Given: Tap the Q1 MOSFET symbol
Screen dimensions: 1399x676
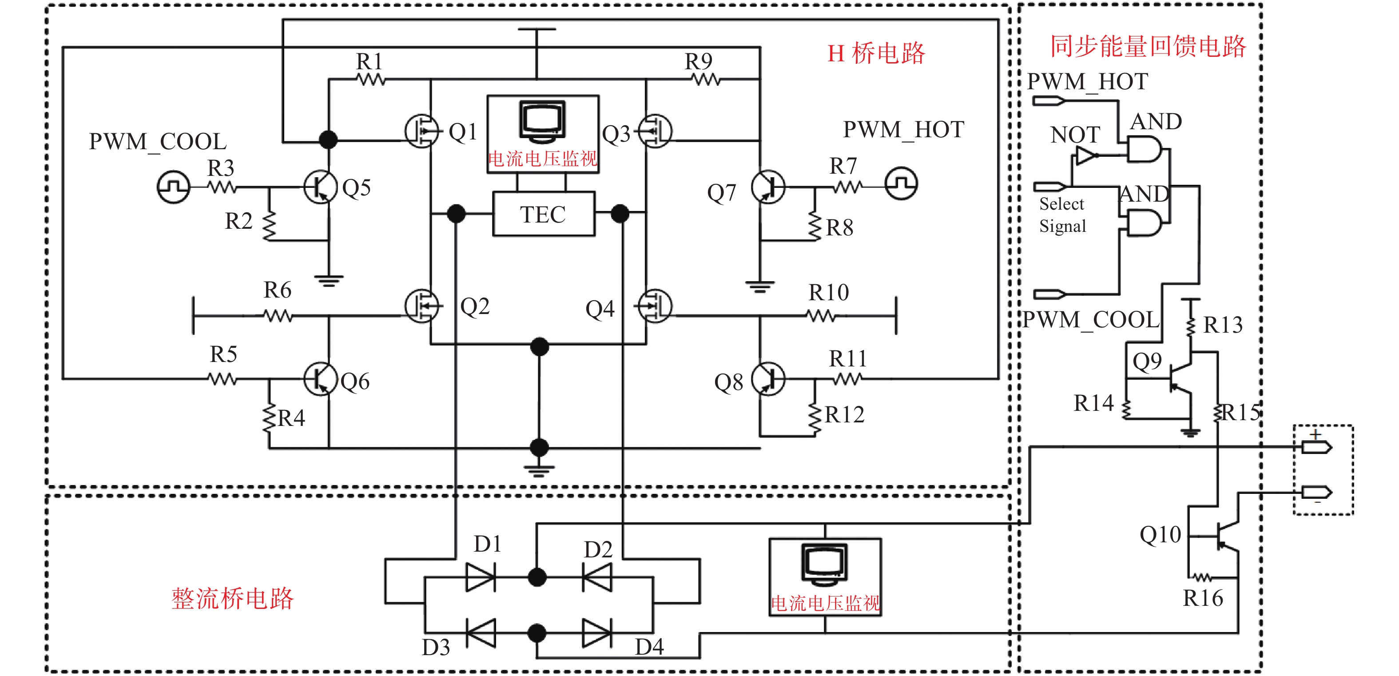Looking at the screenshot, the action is (421, 131).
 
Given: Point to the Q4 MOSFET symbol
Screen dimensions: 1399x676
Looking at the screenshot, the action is (655, 306).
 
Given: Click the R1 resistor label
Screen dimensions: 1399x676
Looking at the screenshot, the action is (370, 61).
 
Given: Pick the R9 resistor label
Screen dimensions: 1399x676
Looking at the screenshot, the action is (699, 61).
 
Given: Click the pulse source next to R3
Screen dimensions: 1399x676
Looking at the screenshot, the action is (173, 187).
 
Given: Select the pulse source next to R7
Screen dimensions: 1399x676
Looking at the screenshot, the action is (902, 183).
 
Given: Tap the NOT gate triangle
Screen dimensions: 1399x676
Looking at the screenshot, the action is (1087, 156).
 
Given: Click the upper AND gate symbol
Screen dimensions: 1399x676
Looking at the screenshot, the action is (1144, 149).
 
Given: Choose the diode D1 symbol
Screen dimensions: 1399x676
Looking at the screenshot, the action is (481, 577).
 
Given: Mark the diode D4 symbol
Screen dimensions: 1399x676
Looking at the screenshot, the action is (597, 633).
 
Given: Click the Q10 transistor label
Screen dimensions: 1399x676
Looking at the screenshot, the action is (1160, 535).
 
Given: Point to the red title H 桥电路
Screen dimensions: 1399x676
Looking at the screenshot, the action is (875, 53).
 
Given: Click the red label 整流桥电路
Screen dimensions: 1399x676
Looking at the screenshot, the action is (232, 598).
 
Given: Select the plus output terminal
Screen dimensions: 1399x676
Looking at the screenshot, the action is (1317, 447).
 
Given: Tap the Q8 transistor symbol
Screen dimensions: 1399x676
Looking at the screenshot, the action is (768, 379).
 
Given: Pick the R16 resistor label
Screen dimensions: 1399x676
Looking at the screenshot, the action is (1203, 598).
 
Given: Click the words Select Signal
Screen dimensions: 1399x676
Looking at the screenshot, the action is (1062, 215).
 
